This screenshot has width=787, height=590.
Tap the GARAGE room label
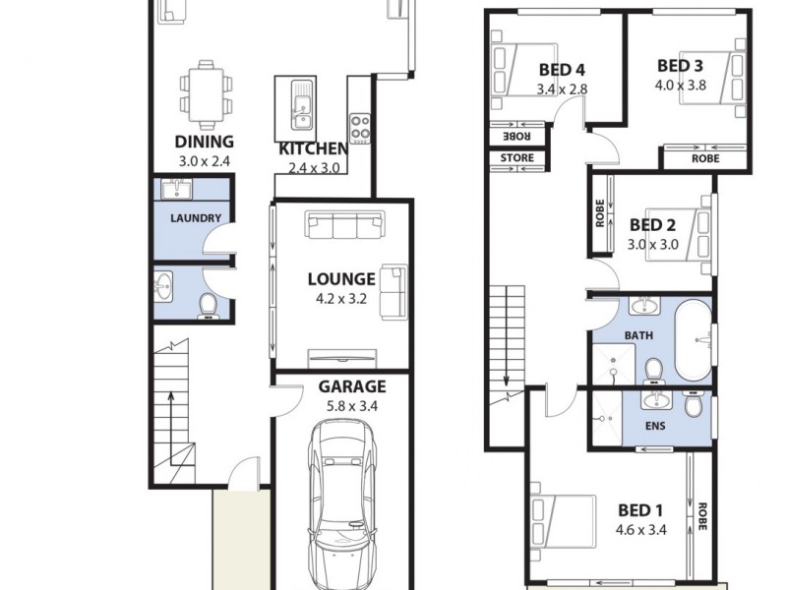coord(351,386)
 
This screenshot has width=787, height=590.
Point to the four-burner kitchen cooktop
coord(360,127)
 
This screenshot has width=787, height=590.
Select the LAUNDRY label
coord(195,218)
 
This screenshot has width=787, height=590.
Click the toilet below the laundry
coord(208,307)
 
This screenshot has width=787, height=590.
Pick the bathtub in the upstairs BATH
coord(694,339)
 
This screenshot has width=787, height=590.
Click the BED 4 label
coord(563,70)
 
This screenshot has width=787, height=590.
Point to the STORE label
coord(517,157)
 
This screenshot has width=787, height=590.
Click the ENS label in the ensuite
coord(654,430)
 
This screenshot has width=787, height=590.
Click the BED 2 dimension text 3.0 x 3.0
coord(654,245)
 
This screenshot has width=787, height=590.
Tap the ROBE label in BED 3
coord(704,157)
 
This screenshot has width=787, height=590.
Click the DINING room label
coord(204,142)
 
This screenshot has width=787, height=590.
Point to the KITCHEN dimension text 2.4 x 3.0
coord(313,168)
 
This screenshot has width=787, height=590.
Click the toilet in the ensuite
coord(694,404)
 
